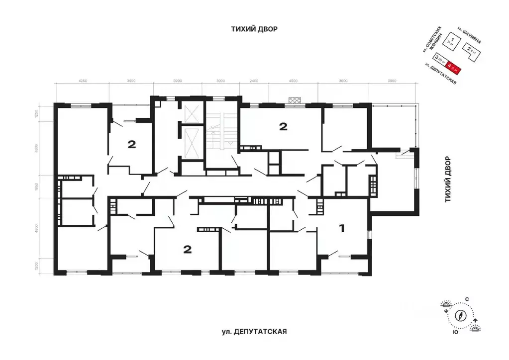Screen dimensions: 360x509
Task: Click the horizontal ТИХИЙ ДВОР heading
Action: tap(254, 29)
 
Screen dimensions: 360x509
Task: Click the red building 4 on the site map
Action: tap(454, 65)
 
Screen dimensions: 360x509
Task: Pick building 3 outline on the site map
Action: tap(439, 59)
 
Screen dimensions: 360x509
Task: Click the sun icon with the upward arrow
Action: tap(477, 326)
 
